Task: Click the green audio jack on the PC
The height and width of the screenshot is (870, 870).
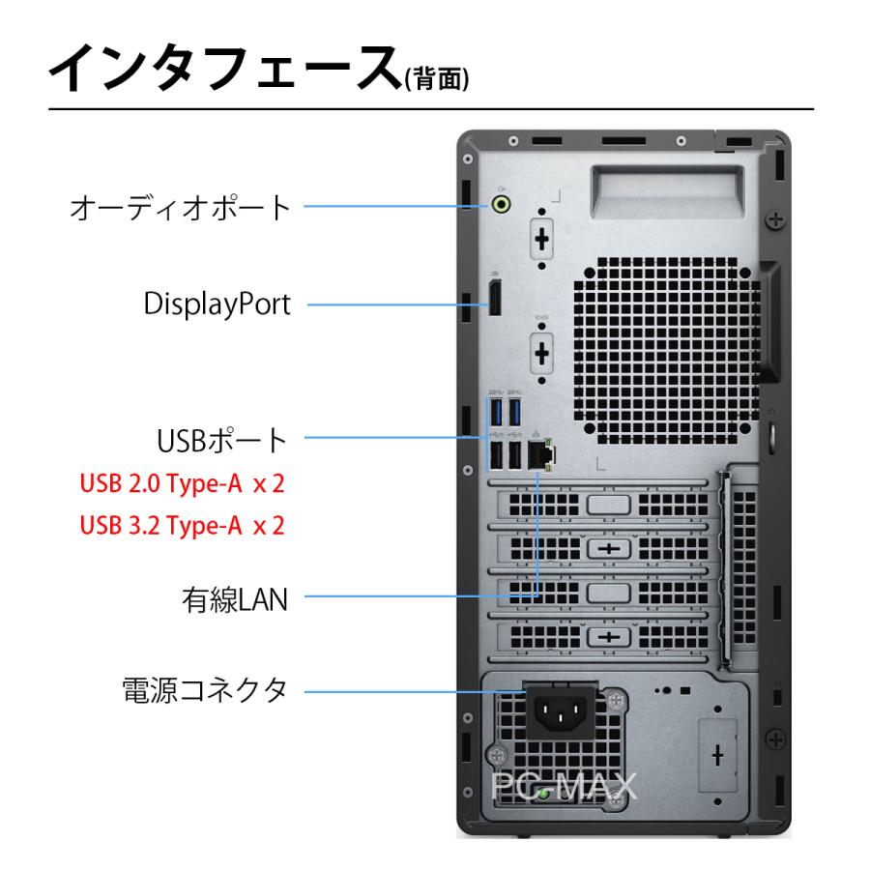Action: coord(501,204)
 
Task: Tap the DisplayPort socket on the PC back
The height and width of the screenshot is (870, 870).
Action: coord(493,300)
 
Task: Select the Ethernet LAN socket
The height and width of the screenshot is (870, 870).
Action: coord(543,453)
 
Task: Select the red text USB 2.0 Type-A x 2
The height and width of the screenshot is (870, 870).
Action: coord(183,483)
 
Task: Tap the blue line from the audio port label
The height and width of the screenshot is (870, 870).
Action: coord(396,205)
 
